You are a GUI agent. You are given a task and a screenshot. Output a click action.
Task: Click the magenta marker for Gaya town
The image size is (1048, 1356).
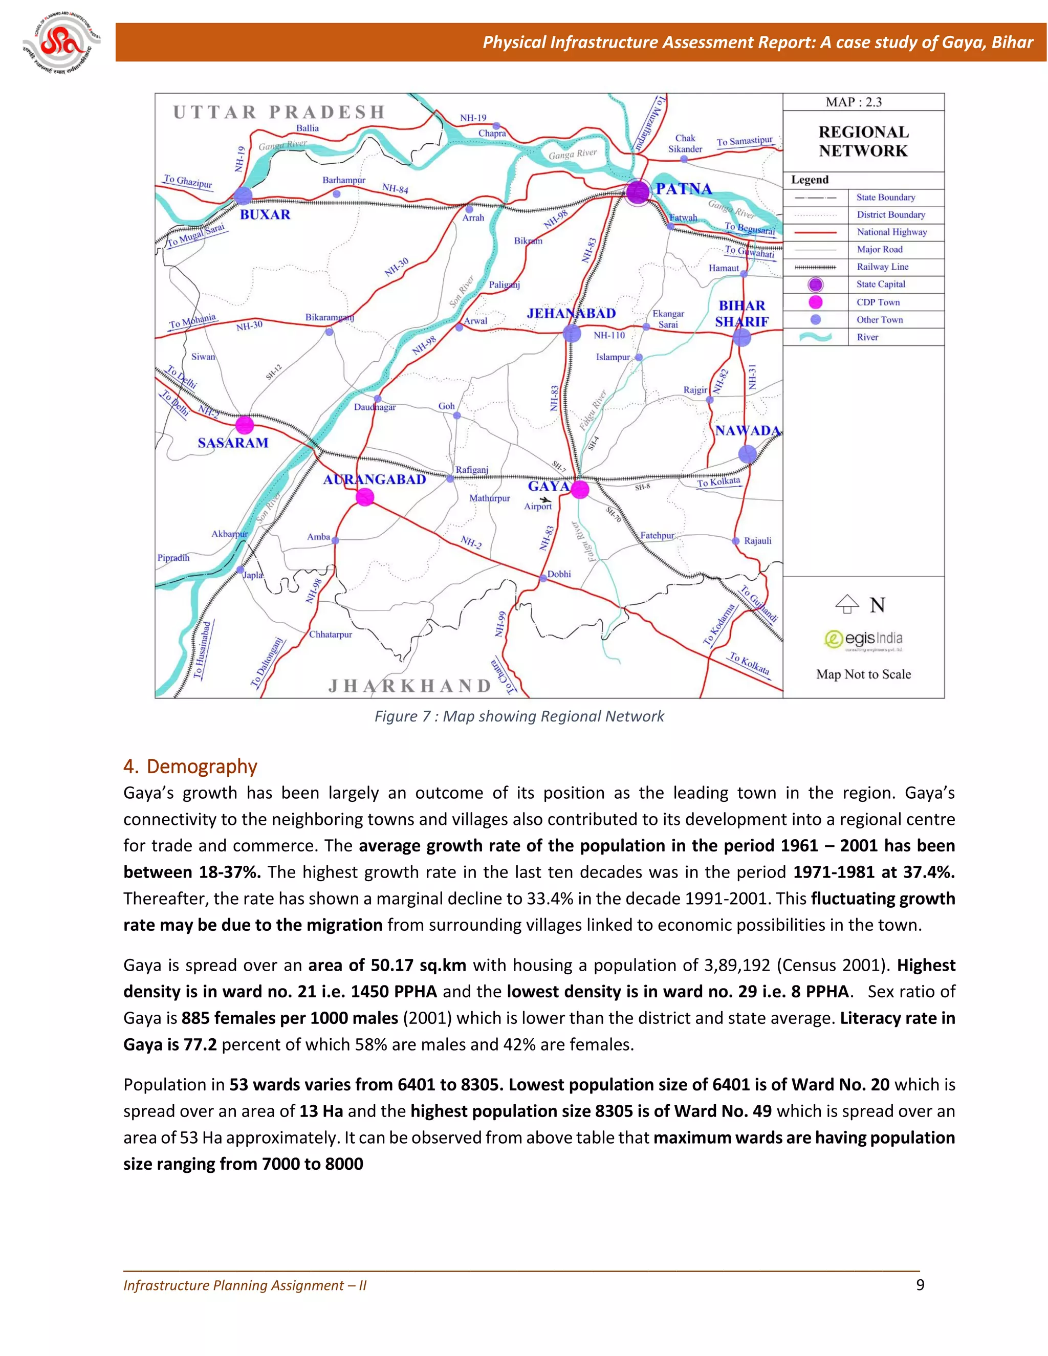click(x=579, y=489)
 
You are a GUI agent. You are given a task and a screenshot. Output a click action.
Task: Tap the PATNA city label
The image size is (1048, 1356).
click(x=684, y=189)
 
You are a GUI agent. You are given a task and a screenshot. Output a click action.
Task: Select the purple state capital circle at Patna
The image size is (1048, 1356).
click(x=637, y=192)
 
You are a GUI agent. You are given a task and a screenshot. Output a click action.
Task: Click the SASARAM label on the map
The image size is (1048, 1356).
click(x=233, y=443)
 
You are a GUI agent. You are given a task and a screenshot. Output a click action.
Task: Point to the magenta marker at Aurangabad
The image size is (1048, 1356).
click(x=365, y=497)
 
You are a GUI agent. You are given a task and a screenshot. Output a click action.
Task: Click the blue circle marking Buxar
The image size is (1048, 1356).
click(x=243, y=195)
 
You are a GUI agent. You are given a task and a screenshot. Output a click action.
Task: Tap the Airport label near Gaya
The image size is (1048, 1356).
click(x=538, y=507)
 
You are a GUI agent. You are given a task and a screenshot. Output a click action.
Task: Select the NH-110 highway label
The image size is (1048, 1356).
click(x=609, y=335)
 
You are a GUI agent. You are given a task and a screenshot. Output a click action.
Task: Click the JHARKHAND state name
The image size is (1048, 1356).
click(x=410, y=686)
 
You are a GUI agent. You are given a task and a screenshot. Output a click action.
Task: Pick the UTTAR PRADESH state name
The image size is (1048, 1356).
click(x=279, y=113)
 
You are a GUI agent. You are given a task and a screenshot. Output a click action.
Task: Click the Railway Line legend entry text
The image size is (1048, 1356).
click(x=882, y=267)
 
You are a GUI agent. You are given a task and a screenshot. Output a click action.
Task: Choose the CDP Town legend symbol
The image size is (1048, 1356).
click(x=815, y=302)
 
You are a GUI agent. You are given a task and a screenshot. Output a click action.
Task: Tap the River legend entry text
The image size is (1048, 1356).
click(x=867, y=337)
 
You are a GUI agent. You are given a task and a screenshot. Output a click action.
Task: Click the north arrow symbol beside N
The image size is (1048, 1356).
click(x=847, y=603)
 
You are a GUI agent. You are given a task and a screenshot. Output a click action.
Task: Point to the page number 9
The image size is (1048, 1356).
click(x=920, y=1284)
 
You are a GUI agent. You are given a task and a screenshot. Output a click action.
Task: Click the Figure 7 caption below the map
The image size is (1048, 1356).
click(x=519, y=716)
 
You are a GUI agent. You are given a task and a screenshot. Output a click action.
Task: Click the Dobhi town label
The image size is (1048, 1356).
click(x=559, y=574)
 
